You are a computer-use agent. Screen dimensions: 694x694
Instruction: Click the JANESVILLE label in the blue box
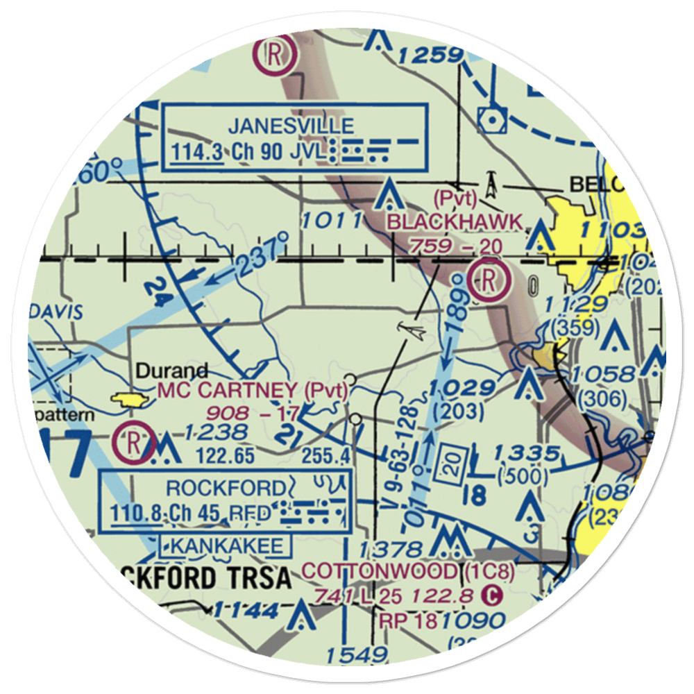[x=291, y=126]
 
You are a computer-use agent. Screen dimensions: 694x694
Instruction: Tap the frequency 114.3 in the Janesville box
[x=197, y=152]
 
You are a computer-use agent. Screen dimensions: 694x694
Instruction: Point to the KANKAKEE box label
[x=226, y=546]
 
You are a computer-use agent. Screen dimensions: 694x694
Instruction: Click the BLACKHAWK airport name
[x=455, y=222]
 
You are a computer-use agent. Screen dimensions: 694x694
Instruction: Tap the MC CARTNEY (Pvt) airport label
[x=253, y=391]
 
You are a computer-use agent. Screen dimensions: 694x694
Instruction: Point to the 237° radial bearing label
[x=262, y=252]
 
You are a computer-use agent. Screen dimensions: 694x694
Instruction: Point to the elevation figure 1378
[x=391, y=548]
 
